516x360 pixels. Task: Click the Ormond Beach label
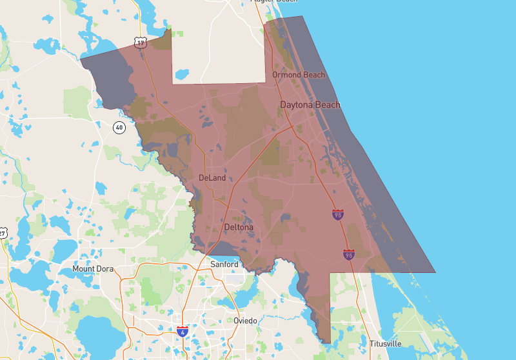299,75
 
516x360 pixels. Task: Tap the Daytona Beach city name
310,105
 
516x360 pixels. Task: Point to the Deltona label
239,228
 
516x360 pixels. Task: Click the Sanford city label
225,265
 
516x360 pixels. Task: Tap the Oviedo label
245,321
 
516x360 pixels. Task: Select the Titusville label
385,343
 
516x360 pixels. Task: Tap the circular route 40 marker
119,127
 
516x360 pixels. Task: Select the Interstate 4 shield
183,330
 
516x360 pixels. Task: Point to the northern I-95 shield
338,214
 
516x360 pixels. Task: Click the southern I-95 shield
349,254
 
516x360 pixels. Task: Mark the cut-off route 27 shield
3,232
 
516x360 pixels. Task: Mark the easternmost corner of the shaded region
435,272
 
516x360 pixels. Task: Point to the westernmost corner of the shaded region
80,59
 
